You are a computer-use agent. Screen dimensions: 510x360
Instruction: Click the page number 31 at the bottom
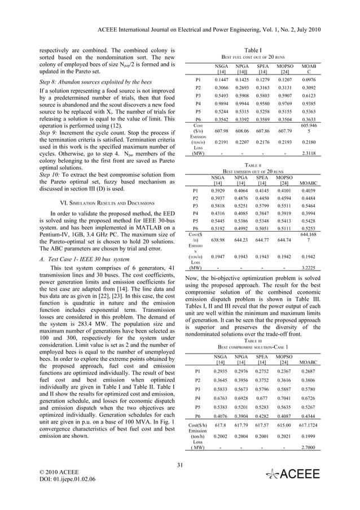click(x=180, y=465)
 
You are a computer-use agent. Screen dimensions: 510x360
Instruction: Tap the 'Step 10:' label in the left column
click(x=52, y=176)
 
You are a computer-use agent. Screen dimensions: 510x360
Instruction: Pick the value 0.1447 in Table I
click(x=221, y=80)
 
